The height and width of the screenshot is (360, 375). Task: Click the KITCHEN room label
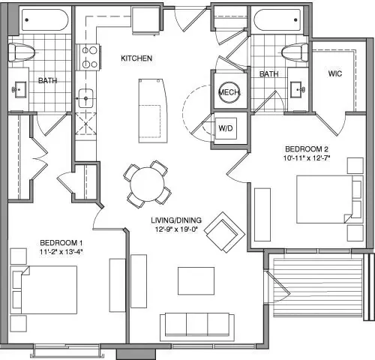[x=136, y=58]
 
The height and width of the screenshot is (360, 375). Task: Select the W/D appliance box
[x=226, y=128]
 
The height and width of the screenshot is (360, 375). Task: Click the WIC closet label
[x=335, y=73]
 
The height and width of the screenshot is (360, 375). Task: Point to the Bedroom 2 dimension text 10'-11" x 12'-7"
[x=307, y=158]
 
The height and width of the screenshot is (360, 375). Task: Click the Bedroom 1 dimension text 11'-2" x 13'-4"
[x=61, y=252]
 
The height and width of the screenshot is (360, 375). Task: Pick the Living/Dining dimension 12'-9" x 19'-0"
[x=176, y=229]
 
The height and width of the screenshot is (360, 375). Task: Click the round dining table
[x=148, y=184]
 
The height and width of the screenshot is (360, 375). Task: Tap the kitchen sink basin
[x=85, y=98]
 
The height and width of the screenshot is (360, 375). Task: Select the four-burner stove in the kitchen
[x=89, y=57]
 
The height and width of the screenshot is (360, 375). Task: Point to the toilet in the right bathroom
[x=295, y=52]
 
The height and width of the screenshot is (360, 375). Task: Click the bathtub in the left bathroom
[x=44, y=20]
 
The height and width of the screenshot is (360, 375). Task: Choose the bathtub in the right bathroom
[x=277, y=20]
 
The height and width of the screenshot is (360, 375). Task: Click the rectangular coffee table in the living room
[x=196, y=281]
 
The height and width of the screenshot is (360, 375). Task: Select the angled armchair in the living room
[x=225, y=232]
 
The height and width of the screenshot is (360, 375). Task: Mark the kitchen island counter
[x=153, y=111]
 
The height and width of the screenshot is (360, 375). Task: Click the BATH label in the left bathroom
[x=47, y=80]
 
